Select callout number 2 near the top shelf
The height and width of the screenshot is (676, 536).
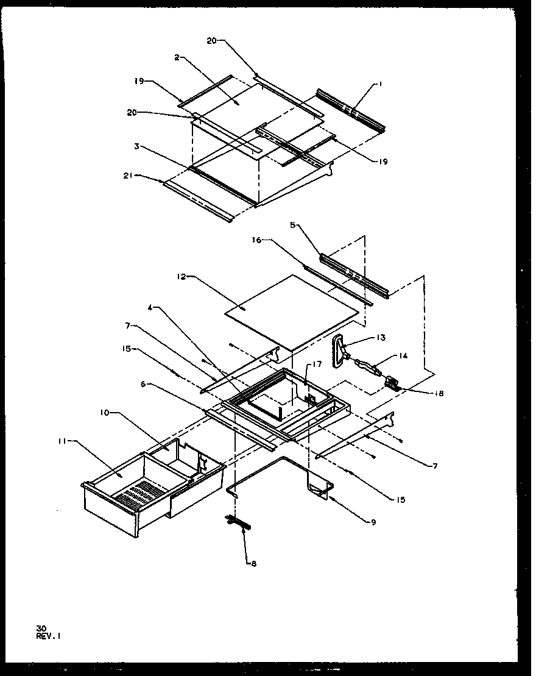tap(176, 57)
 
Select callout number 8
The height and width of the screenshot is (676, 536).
tap(254, 564)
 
